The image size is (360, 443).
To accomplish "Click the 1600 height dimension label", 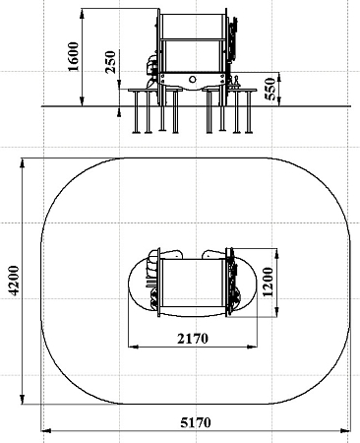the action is tap(73, 56).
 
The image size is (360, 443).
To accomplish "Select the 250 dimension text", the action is tap(110, 62).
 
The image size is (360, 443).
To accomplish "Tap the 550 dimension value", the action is tap(270, 89).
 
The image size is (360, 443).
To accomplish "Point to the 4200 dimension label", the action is tap(14, 281).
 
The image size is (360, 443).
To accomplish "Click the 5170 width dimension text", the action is tap(196, 422).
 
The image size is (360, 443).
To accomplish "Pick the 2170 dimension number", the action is tap(193, 339).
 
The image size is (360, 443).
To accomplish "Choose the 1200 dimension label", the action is tap(268, 282).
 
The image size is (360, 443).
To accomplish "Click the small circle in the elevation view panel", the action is tap(193, 79).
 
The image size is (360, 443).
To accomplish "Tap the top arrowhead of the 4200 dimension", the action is tap(23, 163).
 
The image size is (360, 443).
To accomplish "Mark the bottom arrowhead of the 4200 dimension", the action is tap(23, 399).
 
